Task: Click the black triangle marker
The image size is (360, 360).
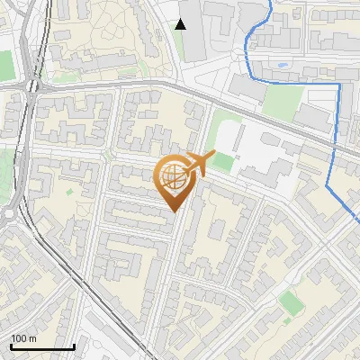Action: coord(181,24)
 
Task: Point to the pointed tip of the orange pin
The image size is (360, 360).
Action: coord(173,211)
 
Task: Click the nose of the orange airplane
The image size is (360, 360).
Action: coord(211,156)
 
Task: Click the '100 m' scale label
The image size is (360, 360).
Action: coord(22,338)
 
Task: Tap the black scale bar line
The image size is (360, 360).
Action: coord(42,346)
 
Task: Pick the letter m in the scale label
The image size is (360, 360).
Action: coord(32,338)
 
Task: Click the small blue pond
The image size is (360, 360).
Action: coord(283,66)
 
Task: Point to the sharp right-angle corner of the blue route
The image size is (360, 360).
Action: coord(338,84)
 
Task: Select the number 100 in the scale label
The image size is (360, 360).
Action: coord(18,338)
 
